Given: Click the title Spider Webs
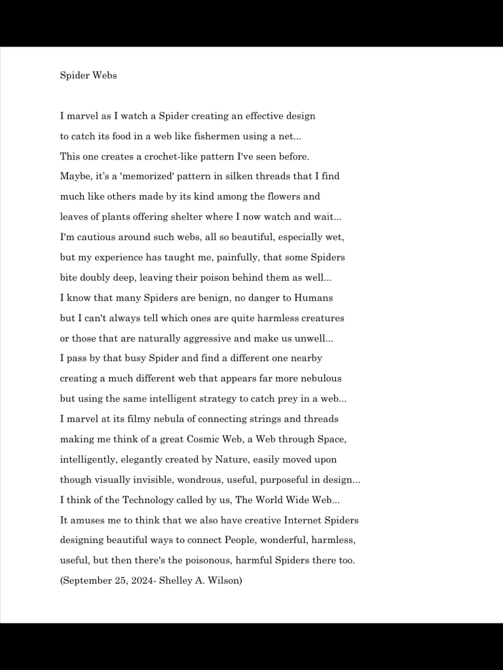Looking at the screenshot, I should tap(88, 75).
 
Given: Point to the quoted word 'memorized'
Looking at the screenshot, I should tap(149, 176).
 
